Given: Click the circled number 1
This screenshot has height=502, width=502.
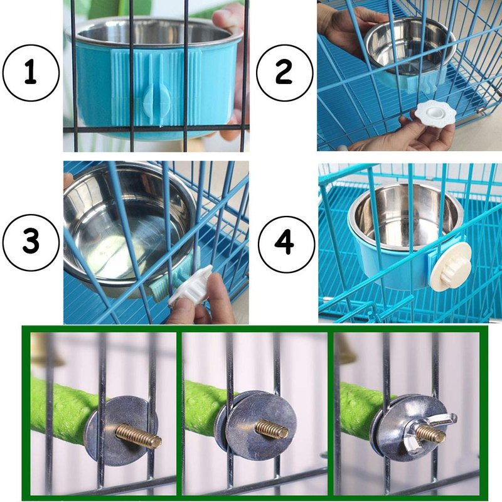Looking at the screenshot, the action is pos(30,73).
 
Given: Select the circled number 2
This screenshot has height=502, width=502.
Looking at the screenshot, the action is pos(284,73).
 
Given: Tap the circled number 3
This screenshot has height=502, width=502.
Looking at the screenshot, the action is pos(31,243).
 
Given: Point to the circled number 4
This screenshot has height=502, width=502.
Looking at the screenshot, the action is pos(286,245).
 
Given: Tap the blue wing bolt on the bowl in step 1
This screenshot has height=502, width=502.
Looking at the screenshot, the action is pos(157,99).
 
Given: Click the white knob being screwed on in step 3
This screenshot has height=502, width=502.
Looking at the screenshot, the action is pos(191,284).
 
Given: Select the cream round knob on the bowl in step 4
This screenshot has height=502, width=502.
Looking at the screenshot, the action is pos(451,266).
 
